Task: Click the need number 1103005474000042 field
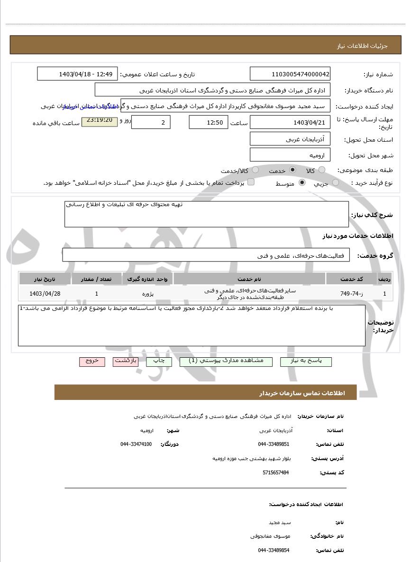290,74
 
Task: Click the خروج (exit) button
91,361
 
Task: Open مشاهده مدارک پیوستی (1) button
226,361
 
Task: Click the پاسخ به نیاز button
306,361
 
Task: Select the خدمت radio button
292,170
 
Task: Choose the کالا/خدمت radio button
256,170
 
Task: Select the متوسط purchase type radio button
302,182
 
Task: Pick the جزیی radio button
336,182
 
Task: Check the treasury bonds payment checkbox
251,182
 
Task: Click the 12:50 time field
208,122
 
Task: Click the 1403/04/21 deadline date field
290,122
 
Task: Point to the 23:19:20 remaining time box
100,121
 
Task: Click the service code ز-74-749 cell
351,294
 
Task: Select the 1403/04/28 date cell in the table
45,294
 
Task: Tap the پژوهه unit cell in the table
148,294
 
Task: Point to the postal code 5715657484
275,472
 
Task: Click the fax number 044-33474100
136,444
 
